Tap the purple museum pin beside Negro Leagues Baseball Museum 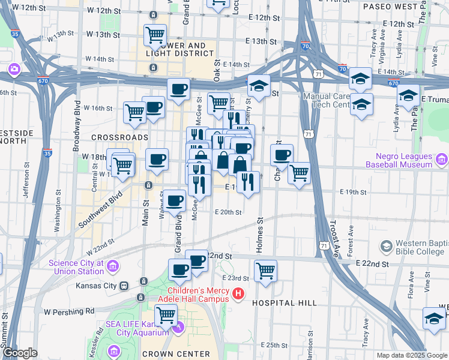pyautogui.click(x=442, y=160)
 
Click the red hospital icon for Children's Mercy pyautogui.click(x=239, y=294)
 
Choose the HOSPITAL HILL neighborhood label pyautogui.click(x=285, y=303)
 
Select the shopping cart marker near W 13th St pyautogui.click(x=155, y=34)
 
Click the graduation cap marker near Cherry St pyautogui.click(x=259, y=86)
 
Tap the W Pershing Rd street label pyautogui.click(x=70, y=311)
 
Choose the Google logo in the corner pyautogui.click(x=20, y=353)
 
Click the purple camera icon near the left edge pyautogui.click(x=13, y=70)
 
